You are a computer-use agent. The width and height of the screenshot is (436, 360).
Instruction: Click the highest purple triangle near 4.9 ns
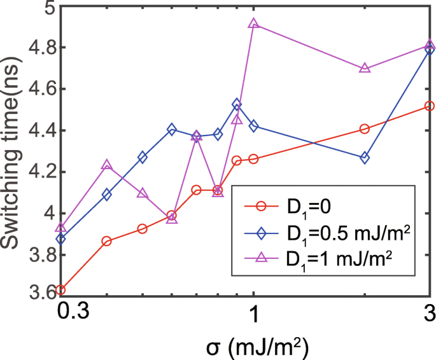pos(253,24)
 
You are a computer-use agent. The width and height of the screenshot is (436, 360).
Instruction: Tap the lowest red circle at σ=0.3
pos(60,290)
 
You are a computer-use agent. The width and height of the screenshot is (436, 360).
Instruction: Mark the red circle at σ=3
pos(430,106)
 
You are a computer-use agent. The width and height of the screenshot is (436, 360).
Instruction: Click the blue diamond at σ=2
pos(365,158)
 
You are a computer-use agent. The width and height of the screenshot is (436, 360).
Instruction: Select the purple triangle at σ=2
pos(365,68)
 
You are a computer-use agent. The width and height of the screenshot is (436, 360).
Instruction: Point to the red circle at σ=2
pos(365,128)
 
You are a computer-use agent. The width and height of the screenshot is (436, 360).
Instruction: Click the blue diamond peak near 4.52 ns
pos(237,104)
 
